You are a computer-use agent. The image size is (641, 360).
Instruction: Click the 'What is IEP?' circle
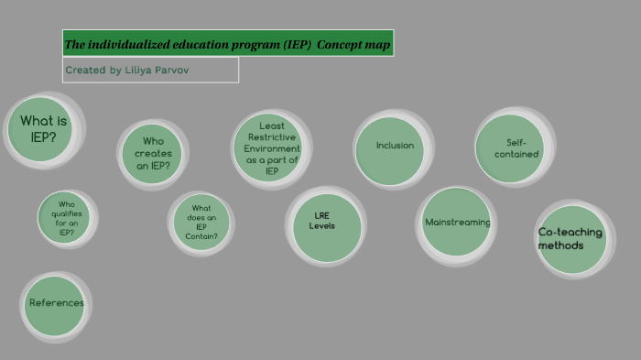[x=42, y=129]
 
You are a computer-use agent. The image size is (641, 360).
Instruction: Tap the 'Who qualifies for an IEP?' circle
[x=66, y=218]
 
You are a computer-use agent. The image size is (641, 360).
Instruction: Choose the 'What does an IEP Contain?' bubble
[x=201, y=222]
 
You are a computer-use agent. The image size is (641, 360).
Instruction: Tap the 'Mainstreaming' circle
[x=456, y=223]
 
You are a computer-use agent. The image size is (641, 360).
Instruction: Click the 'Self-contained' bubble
[x=509, y=148]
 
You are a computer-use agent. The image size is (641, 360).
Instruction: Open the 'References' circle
[x=55, y=304]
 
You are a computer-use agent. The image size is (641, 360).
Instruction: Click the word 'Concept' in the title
[x=340, y=44]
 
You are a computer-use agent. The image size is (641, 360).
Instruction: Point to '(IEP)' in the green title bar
[x=296, y=44]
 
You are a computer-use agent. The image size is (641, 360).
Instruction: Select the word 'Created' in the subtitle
[x=85, y=70]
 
